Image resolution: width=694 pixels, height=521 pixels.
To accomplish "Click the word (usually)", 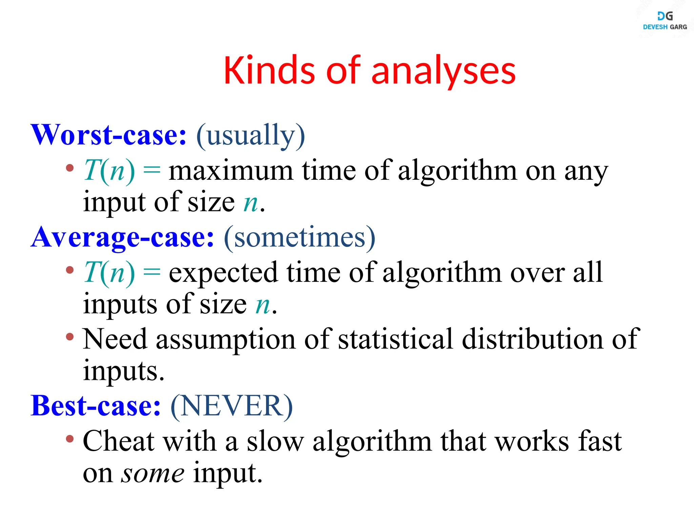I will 251,136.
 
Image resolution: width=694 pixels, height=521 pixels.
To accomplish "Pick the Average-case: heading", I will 122,237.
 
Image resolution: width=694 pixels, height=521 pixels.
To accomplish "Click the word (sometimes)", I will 300,237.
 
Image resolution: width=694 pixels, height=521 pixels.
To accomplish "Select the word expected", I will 223,273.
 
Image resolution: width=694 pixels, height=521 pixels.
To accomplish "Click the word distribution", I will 532,339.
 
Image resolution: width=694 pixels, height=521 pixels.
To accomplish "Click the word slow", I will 275,442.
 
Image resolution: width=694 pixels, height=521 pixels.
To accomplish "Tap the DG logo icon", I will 665,16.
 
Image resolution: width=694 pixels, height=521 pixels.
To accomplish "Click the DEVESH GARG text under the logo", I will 665,27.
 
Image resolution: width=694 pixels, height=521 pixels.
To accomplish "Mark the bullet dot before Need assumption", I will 70,337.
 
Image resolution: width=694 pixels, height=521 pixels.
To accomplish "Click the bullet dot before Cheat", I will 70,439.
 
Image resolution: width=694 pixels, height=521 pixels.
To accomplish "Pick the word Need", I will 115,339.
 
